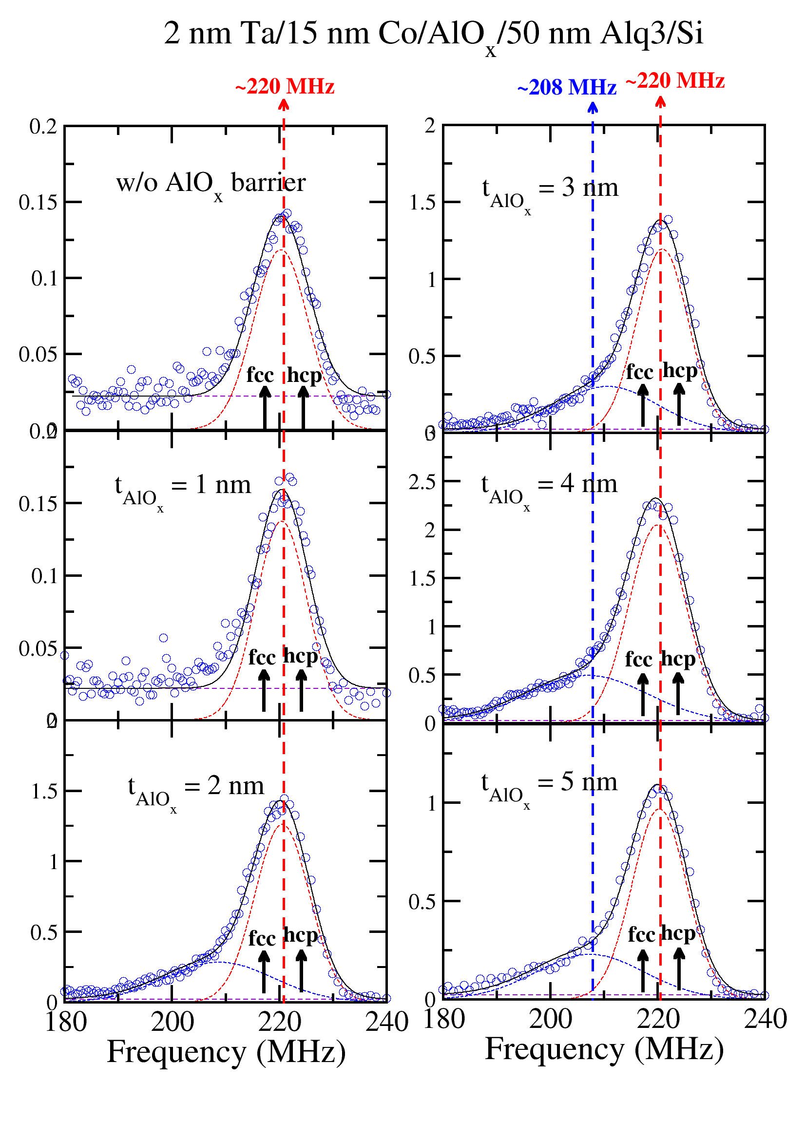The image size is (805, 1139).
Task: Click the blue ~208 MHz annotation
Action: [566, 88]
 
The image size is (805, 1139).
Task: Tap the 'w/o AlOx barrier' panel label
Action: [211, 184]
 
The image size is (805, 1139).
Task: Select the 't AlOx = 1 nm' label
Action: [183, 488]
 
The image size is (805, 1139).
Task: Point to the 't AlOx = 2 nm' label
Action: [195, 789]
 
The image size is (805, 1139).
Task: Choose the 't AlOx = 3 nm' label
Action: [550, 191]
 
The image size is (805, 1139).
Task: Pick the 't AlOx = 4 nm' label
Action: [549, 487]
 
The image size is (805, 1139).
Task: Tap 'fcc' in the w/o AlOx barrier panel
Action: [260, 375]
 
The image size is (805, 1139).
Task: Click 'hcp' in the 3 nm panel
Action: [679, 371]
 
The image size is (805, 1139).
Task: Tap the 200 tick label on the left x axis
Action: [172, 1023]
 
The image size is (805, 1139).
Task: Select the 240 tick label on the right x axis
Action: [765, 1020]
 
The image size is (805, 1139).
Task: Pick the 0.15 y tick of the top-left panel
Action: [38, 202]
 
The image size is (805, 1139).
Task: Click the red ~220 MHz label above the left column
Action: [285, 87]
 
